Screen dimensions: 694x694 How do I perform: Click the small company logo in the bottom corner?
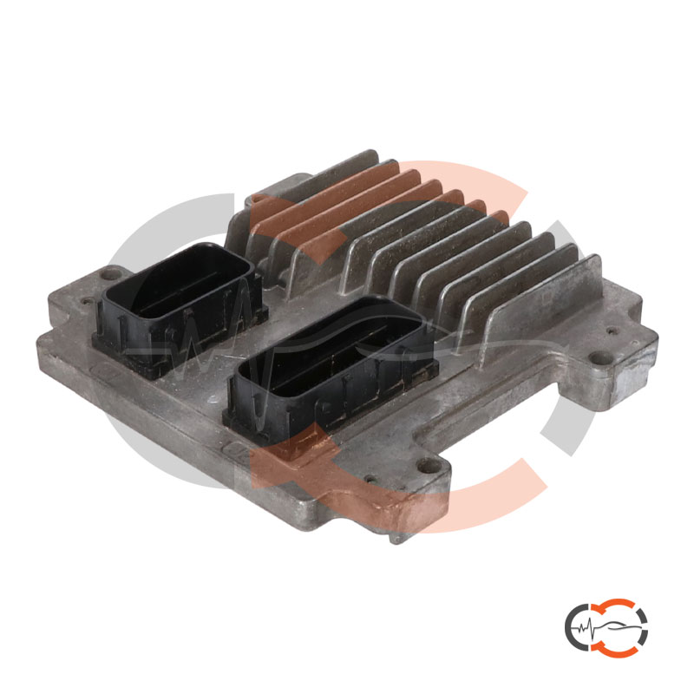point(606,625)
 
